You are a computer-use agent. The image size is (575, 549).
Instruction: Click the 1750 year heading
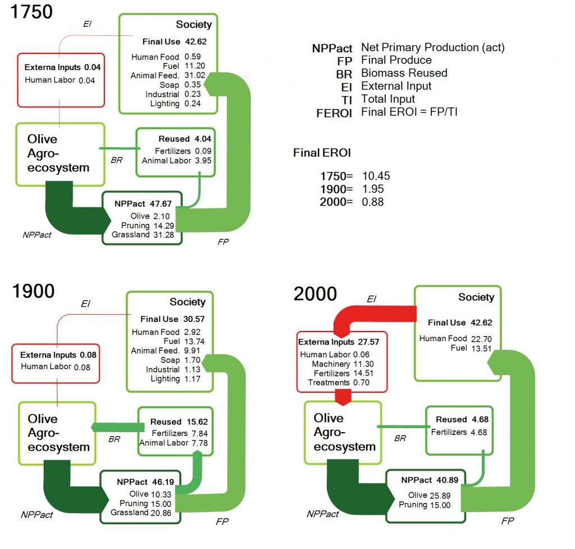(31, 11)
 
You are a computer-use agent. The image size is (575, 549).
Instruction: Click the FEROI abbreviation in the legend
(334, 112)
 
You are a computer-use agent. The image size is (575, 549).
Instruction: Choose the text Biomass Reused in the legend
(404, 73)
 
